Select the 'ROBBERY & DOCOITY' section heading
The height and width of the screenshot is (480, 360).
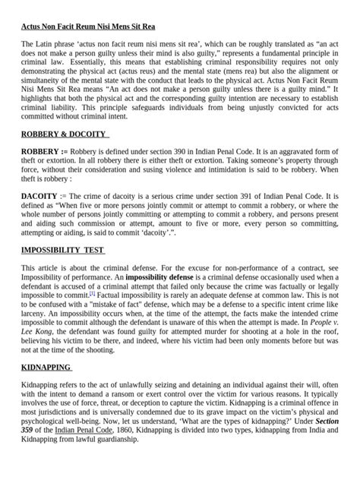65,134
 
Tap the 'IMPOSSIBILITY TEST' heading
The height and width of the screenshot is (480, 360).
63,251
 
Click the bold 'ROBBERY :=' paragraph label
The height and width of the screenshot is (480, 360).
44,151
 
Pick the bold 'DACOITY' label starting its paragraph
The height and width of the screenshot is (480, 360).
39,195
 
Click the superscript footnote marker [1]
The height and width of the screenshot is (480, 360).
92,292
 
